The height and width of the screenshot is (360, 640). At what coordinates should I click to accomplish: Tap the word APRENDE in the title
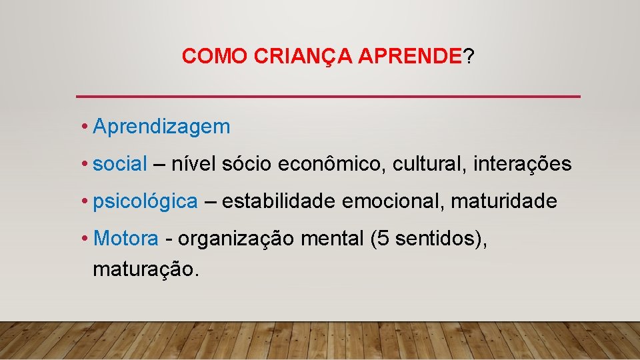tap(410, 57)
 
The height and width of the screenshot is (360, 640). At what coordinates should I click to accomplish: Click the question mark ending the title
tap(469, 57)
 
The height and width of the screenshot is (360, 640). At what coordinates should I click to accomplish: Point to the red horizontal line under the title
tap(328, 97)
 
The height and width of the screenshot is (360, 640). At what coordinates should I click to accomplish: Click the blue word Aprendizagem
tap(161, 127)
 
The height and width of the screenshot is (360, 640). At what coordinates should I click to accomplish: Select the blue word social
tap(120, 164)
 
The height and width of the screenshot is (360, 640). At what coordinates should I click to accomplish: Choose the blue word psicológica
tap(145, 201)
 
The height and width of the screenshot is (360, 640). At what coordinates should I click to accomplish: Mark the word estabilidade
tap(279, 201)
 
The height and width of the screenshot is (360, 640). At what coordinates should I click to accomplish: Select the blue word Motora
tap(127, 238)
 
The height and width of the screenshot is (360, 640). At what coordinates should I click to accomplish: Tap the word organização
tap(235, 239)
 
